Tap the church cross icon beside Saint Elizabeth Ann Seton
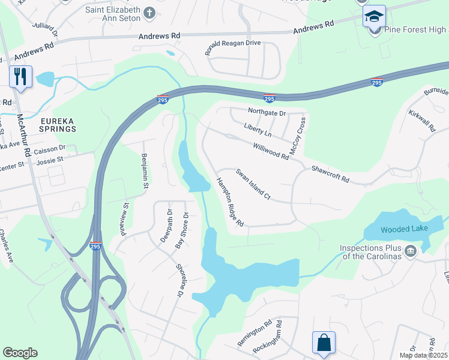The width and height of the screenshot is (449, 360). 149,12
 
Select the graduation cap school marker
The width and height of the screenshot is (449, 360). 374,16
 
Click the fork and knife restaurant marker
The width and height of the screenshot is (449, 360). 20,77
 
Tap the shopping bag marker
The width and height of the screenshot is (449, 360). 323,343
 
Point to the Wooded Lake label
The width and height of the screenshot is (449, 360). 394,229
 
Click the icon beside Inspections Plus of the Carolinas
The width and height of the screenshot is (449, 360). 411,250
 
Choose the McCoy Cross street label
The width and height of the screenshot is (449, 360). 298,137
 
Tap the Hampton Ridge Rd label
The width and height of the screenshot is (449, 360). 230,203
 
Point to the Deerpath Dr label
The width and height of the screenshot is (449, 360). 166,226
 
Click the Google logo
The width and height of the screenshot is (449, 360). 20,353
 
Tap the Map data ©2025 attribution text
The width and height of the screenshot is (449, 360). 423,355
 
